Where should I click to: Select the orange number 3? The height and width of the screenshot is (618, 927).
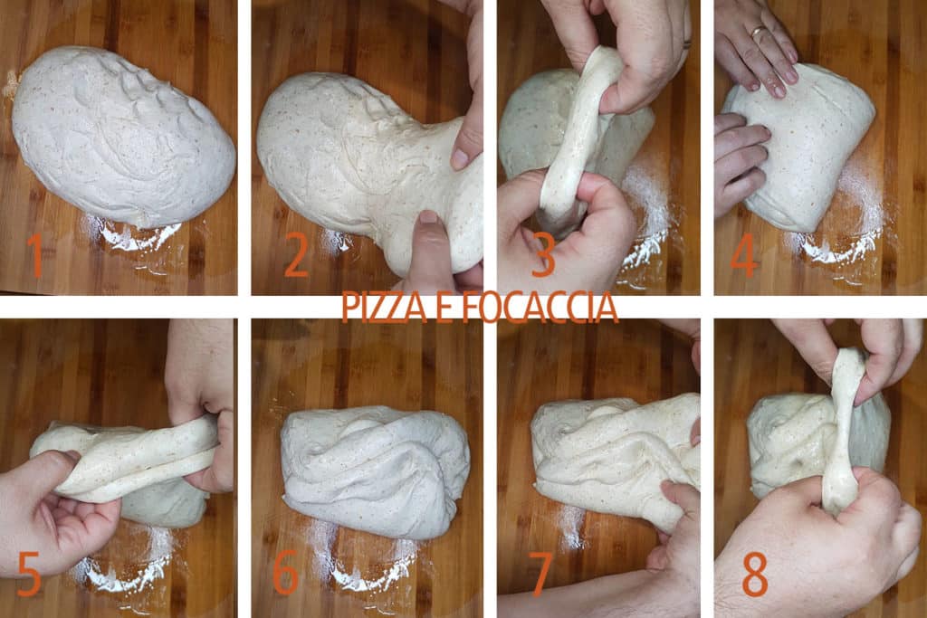click(542, 256)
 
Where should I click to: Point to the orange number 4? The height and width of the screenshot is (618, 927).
click(744, 256)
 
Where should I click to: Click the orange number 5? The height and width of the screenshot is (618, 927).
click(29, 574)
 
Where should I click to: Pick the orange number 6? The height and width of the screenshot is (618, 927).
click(285, 574)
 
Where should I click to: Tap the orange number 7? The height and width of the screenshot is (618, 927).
click(541, 574)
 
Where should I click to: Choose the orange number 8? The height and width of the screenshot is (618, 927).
click(755, 574)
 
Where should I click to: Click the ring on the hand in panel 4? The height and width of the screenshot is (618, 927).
click(757, 33)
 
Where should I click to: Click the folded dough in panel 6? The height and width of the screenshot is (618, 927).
click(374, 469)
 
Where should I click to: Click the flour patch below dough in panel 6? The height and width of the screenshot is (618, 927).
click(362, 566)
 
